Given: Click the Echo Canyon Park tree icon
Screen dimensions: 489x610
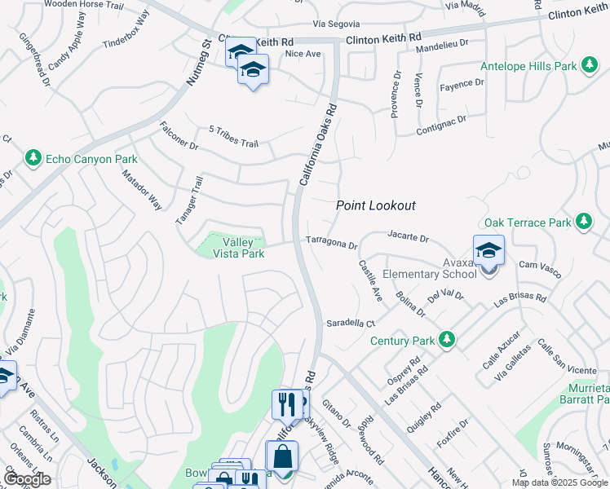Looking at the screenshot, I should (33, 157).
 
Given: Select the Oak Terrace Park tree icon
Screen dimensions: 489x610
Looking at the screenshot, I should (583, 222).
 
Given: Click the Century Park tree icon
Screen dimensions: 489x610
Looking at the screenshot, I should (446, 339).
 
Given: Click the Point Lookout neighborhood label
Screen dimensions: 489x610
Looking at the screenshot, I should (376, 206).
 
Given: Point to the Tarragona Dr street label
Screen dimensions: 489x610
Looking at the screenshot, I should (332, 243).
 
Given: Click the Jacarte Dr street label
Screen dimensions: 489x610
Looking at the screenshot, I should (408, 237).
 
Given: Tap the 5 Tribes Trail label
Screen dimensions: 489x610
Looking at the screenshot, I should (233, 137).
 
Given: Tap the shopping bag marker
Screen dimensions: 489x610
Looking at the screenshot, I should (281, 456).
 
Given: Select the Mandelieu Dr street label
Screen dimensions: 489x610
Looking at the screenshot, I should (442, 47).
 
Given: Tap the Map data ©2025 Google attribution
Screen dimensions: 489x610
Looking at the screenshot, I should (560, 482).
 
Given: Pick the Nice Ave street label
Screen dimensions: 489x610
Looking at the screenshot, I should (303, 54).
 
